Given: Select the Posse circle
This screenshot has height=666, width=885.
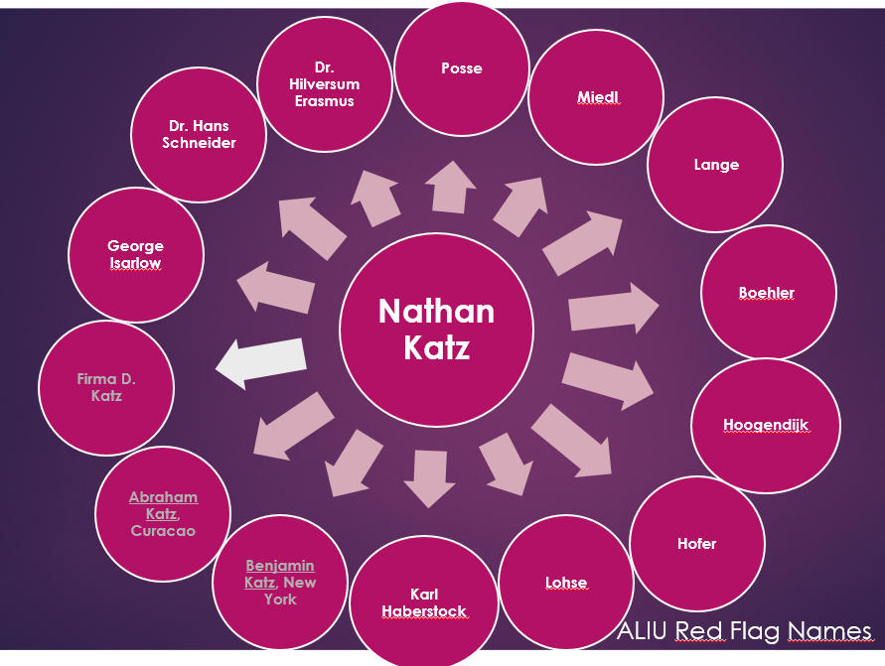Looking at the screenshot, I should [461, 68].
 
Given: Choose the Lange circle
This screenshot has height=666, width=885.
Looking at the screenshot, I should [715, 165].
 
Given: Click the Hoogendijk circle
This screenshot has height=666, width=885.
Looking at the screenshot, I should [764, 425].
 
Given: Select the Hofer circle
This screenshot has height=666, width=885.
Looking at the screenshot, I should [697, 544].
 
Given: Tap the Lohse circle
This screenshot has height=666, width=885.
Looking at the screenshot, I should [565, 583].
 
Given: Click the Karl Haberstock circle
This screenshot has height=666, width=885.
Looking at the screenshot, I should [424, 602].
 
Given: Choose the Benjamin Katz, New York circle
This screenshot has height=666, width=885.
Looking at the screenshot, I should [280, 583].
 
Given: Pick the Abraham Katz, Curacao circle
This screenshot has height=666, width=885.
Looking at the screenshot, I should [163, 513].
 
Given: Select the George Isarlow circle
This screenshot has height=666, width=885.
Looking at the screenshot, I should [136, 254].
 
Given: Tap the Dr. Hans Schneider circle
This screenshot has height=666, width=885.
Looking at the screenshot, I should [199, 134].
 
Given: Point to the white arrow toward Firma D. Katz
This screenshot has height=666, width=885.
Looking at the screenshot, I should [260, 361].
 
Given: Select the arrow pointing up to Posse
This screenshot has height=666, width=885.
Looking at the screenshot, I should [449, 188].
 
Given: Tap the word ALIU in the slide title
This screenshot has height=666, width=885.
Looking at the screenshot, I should [644, 630].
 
